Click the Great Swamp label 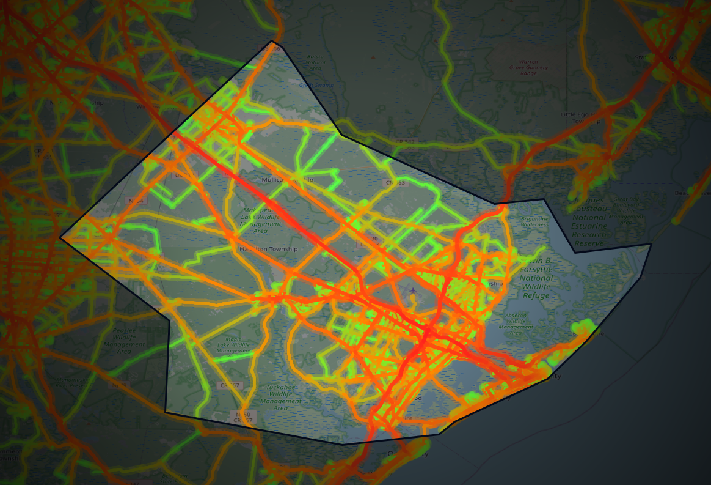click(x=314, y=85)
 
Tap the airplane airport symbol click(x=414, y=290)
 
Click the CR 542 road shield click(x=404, y=143)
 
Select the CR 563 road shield click(x=394, y=182)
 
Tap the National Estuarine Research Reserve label click(x=589, y=226)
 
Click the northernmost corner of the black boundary click(x=271, y=41)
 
